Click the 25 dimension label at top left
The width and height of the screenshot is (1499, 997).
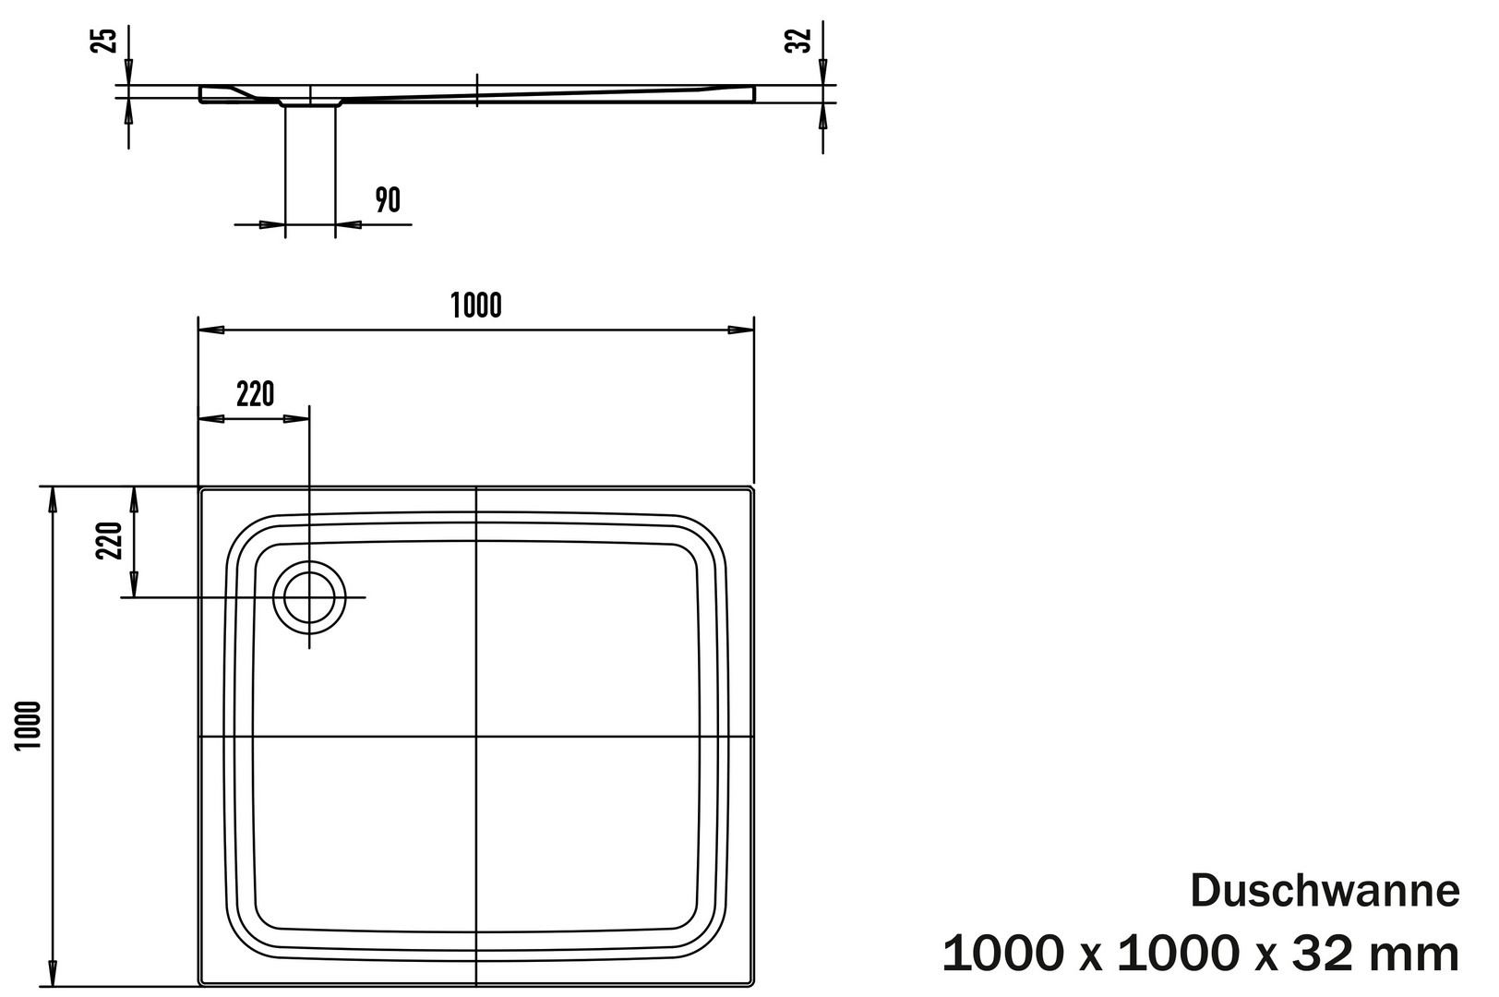(x=106, y=40)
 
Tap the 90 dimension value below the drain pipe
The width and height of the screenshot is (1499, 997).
(x=388, y=200)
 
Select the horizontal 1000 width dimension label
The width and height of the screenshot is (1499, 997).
(x=475, y=306)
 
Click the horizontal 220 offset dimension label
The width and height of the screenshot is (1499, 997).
(x=255, y=394)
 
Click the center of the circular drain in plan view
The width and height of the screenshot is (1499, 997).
(x=309, y=597)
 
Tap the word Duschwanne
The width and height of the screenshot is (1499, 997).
(x=1325, y=891)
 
